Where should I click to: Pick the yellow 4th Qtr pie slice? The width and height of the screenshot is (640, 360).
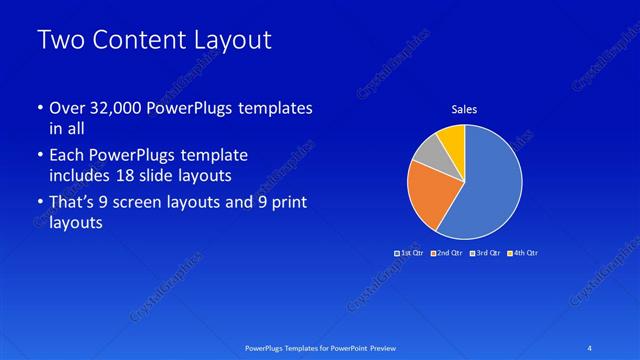(452, 137)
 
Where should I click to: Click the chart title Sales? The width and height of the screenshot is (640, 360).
(464, 108)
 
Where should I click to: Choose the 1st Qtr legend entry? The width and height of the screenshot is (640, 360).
(410, 253)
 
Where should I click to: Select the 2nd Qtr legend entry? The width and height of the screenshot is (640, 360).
(447, 253)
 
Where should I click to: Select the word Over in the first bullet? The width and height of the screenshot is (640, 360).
(67, 108)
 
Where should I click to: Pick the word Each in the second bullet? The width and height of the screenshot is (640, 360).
(67, 156)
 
